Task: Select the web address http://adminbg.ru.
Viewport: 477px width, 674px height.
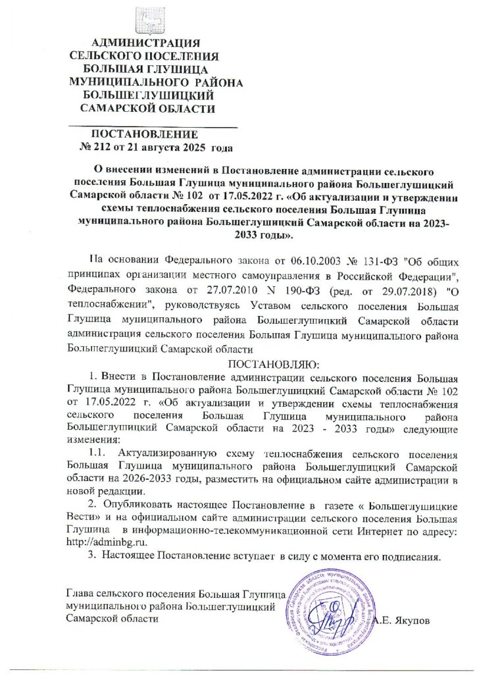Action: pyautogui.click(x=106, y=542)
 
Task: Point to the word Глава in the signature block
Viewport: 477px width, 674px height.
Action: pyautogui.click(x=80, y=596)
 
